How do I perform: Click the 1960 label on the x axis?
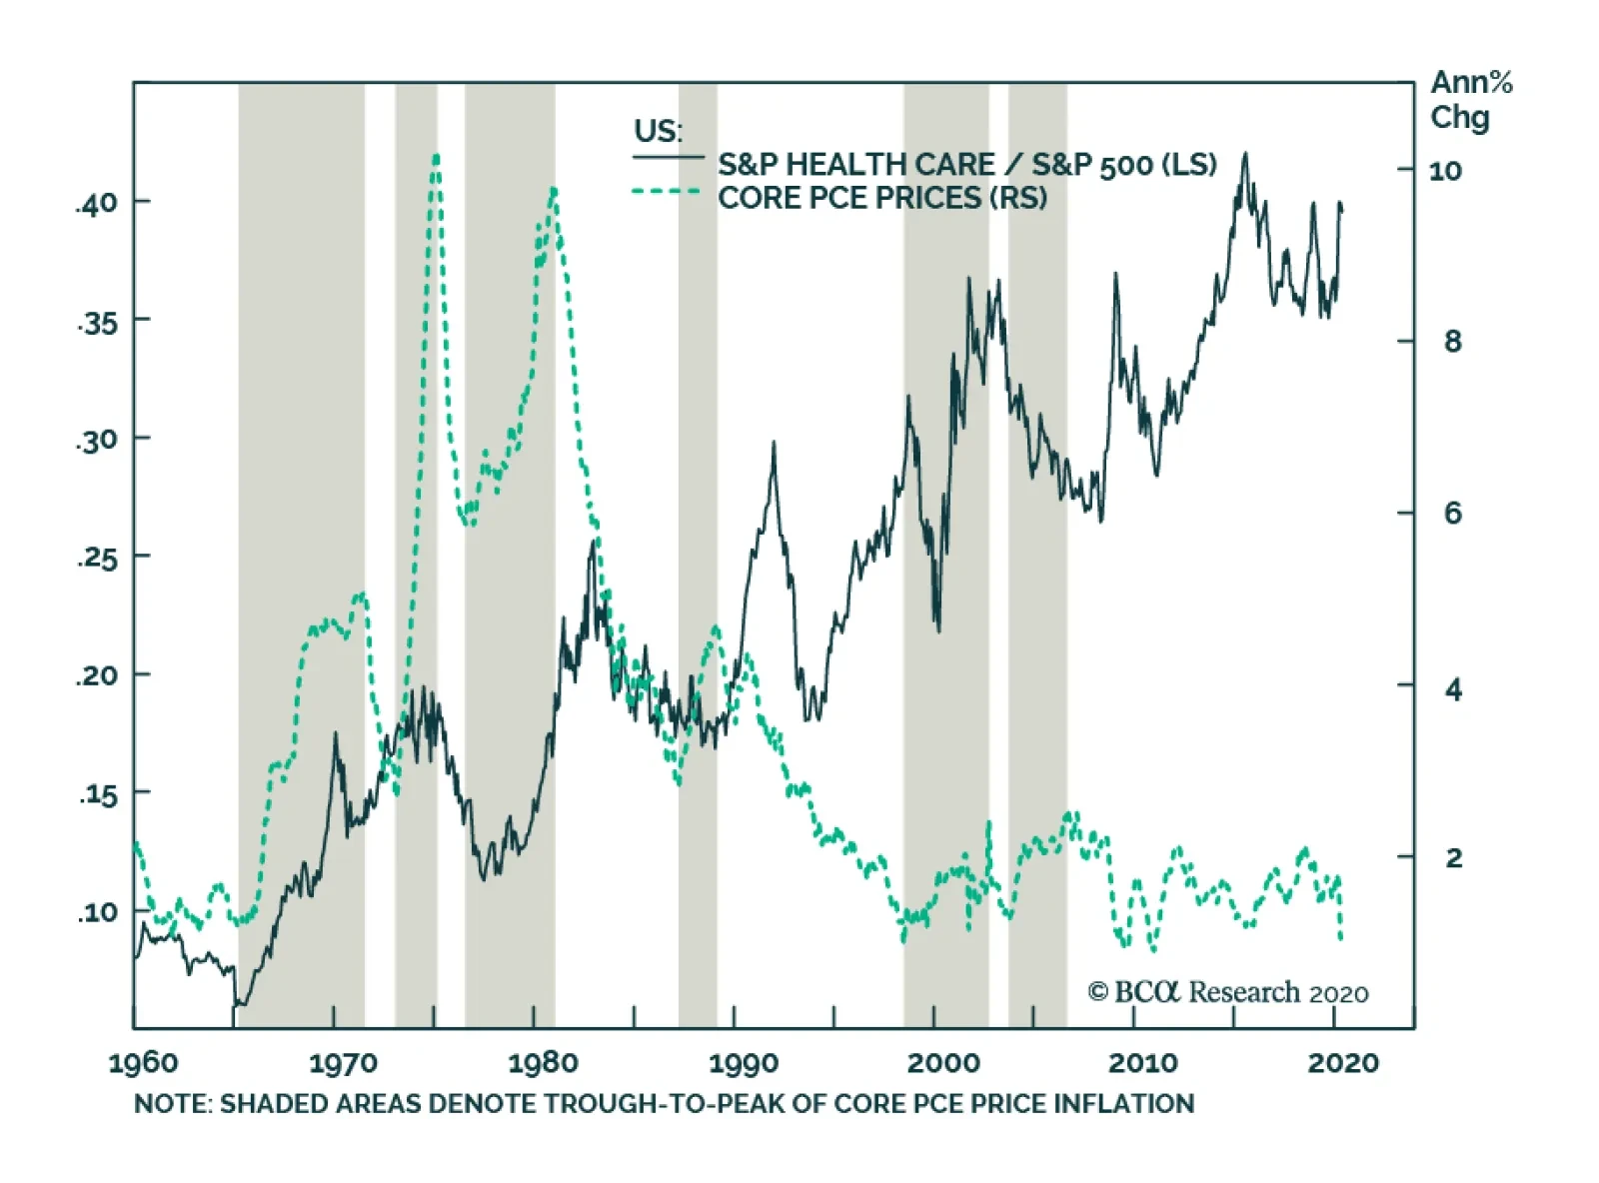(x=143, y=1062)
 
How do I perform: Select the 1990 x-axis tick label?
(x=743, y=1062)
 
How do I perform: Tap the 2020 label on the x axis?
(x=1342, y=1062)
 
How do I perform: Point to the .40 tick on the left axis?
(x=96, y=204)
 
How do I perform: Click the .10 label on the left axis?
(x=96, y=912)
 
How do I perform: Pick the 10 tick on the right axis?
(x=1445, y=171)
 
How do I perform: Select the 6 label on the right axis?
(x=1452, y=514)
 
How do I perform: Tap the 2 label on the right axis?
(x=1453, y=857)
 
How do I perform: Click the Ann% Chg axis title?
(x=1470, y=100)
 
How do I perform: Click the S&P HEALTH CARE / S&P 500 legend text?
(x=966, y=165)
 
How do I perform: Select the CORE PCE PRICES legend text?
(x=881, y=198)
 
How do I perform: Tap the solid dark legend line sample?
(x=668, y=158)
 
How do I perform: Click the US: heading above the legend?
(x=658, y=131)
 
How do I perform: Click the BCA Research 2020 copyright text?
(x=1228, y=992)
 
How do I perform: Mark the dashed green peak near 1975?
(x=436, y=158)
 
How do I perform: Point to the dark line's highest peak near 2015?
(x=1245, y=155)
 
